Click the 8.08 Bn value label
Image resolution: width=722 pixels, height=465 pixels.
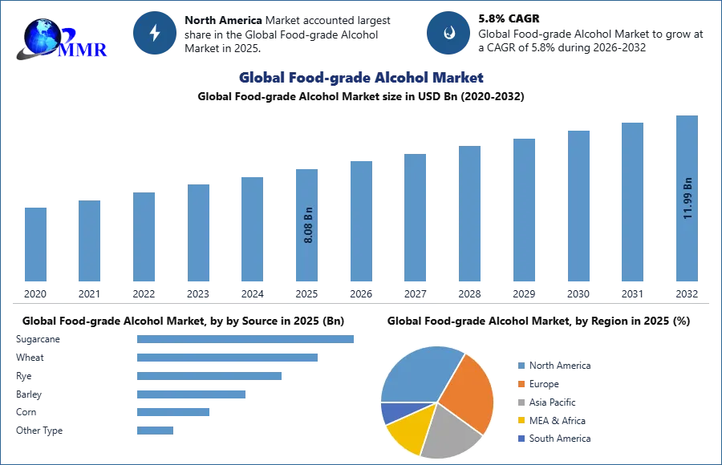308,225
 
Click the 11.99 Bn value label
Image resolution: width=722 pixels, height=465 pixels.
688,197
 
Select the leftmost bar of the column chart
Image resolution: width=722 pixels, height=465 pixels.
35,244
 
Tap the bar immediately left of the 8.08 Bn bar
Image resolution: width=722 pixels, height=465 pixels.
250,228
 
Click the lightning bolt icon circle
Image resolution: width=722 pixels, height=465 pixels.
155,33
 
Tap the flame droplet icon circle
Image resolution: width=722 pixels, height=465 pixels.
448,33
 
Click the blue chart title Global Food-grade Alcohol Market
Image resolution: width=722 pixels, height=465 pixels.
362,78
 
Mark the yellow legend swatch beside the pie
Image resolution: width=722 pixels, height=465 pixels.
520,421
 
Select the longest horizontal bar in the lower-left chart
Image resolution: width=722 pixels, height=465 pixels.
246,340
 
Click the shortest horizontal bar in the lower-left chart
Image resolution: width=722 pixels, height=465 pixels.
153,430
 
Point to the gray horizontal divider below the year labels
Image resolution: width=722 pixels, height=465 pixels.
361,305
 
